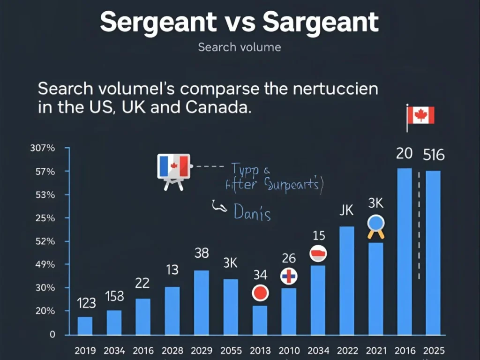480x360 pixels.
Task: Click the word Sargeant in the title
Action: [321, 22]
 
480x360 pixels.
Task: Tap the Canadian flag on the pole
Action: [421, 115]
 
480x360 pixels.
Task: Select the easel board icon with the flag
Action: [173, 170]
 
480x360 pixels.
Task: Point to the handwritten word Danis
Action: [252, 213]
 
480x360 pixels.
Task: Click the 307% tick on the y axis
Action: [43, 148]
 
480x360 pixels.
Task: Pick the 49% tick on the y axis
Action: [46, 264]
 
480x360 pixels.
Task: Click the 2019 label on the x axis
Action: [85, 350]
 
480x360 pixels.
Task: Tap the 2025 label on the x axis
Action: [434, 350]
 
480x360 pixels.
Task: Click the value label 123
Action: [86, 304]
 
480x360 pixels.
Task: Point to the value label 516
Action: [434, 155]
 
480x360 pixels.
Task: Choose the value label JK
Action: [346, 210]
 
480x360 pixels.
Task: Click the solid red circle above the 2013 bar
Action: [260, 293]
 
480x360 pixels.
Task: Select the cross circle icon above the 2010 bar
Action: [289, 277]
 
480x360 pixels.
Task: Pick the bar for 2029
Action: [202, 302]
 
